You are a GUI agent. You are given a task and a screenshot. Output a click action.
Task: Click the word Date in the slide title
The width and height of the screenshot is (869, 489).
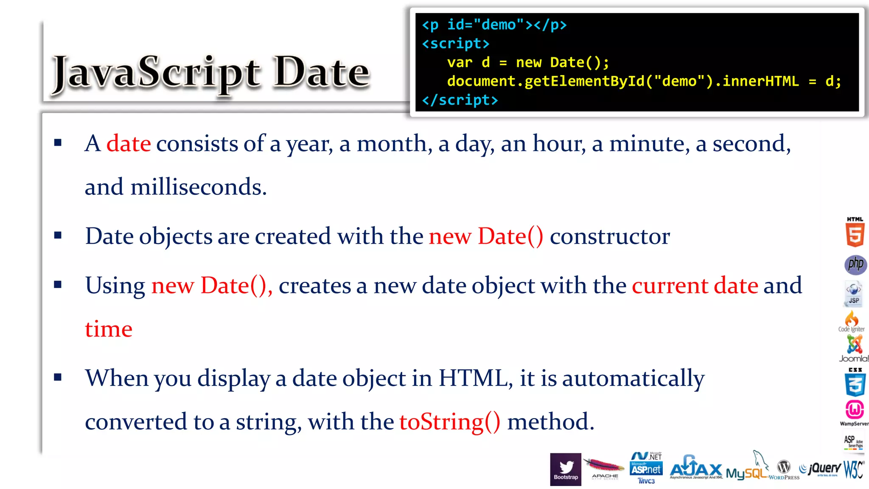click(322, 73)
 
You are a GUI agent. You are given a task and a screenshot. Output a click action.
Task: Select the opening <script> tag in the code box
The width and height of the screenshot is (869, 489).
click(455, 44)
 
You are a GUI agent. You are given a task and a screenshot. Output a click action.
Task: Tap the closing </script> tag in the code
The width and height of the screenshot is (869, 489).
click(460, 100)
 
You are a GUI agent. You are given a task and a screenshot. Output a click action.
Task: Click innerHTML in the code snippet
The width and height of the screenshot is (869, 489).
click(760, 81)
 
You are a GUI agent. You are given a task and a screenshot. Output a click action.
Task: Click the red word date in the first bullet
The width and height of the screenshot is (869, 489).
click(128, 143)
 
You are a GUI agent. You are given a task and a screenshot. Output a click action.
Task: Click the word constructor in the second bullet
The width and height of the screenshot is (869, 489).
click(610, 236)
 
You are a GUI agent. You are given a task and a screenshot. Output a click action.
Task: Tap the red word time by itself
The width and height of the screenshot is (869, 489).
click(109, 329)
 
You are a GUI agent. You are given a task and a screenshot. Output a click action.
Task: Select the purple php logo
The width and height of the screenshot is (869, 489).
click(855, 264)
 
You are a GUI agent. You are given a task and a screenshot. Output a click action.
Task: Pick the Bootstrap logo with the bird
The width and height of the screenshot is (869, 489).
click(566, 469)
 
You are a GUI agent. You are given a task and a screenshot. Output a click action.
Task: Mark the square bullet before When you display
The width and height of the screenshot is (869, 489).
click(58, 377)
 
